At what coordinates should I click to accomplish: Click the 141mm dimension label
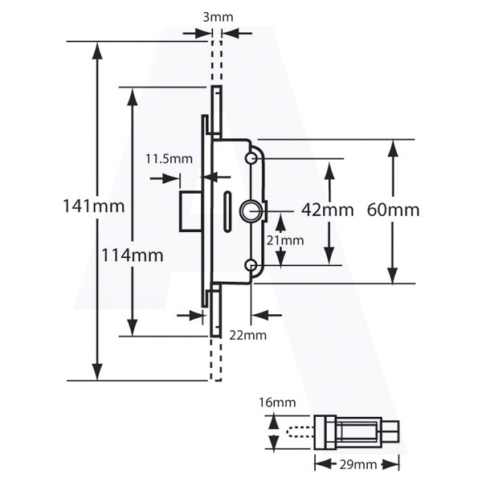94,206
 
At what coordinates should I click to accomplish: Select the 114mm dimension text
133,255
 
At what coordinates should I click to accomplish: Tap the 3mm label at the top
218,17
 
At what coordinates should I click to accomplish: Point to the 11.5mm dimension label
169,159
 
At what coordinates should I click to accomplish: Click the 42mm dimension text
328,210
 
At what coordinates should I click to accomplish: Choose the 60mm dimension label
393,210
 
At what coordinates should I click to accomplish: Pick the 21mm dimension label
285,240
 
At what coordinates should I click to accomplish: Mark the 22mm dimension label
247,335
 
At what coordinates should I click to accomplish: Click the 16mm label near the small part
277,402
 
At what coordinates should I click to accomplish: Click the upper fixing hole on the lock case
251,158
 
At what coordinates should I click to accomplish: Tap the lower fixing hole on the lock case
251,264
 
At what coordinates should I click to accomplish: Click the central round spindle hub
251,211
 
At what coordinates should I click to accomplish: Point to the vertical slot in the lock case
227,211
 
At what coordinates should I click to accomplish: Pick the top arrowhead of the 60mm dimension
393,149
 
